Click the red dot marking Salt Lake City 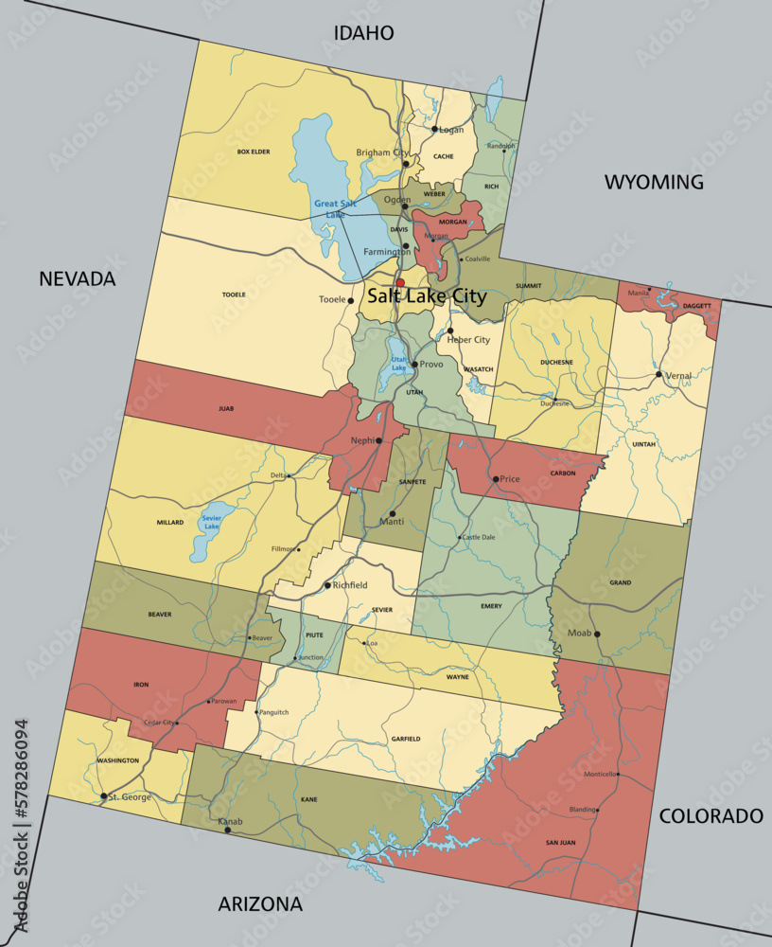pos(400,282)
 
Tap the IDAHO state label pos(363,33)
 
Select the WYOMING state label pos(654,182)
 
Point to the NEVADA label pos(77,278)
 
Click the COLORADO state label pos(711,815)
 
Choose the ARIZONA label pos(260,903)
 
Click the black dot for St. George pos(103,796)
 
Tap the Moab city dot pos(597,634)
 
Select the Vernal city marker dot pos(659,374)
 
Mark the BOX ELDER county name pos(254,152)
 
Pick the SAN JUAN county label pos(560,842)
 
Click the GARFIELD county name pos(405,738)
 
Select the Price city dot pos(495,479)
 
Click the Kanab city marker pos(227,830)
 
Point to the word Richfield pos(350,585)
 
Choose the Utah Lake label pos(399,365)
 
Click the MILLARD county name pos(170,522)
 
